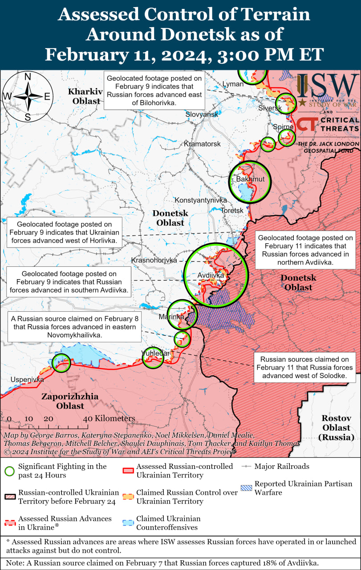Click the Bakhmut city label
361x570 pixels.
click(x=250, y=179)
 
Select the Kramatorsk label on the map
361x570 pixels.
click(x=202, y=144)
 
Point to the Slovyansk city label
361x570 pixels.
click(x=202, y=114)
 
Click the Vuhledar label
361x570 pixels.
click(x=155, y=353)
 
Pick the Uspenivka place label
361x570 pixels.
click(x=28, y=380)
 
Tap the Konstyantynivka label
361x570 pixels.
click(x=200, y=200)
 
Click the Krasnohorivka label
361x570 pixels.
click(x=154, y=260)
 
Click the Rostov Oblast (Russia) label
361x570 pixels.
click(x=337, y=427)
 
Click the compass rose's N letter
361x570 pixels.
click(x=28, y=77)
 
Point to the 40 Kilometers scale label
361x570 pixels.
click(x=109, y=419)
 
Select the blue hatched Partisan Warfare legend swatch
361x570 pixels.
click(x=245, y=488)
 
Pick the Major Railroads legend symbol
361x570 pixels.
click(x=246, y=467)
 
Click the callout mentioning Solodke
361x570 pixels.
click(x=307, y=367)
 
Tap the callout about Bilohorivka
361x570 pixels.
click(x=154, y=90)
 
